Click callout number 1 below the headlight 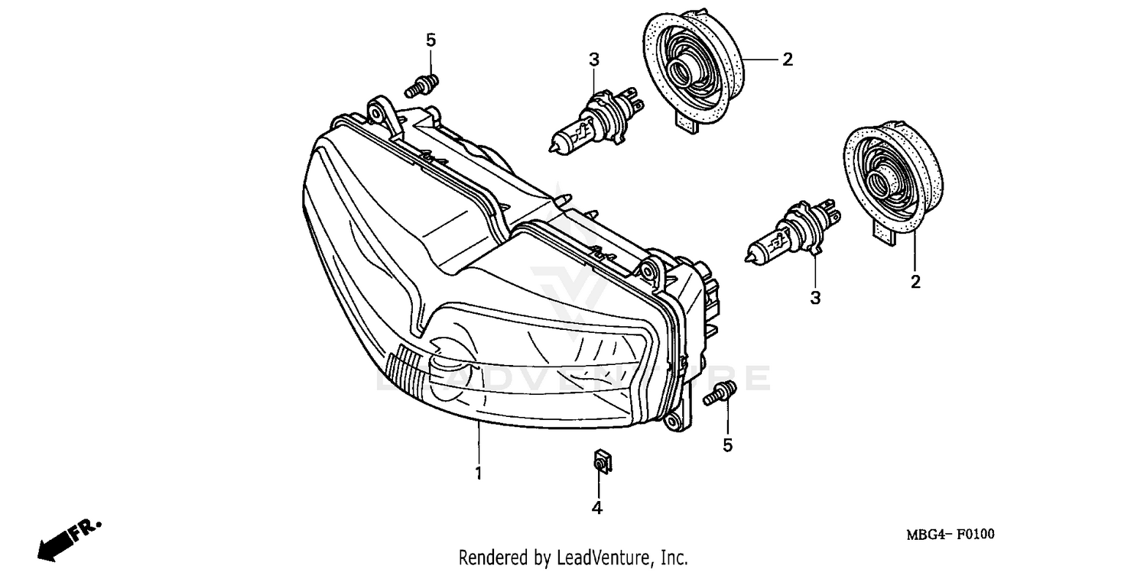(x=478, y=473)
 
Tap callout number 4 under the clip (x=596, y=507)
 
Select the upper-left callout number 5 (x=431, y=40)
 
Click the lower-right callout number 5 (x=727, y=444)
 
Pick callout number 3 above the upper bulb (x=593, y=59)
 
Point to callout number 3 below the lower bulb (x=815, y=297)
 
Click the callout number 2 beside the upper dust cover (x=787, y=59)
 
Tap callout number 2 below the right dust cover (x=915, y=282)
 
